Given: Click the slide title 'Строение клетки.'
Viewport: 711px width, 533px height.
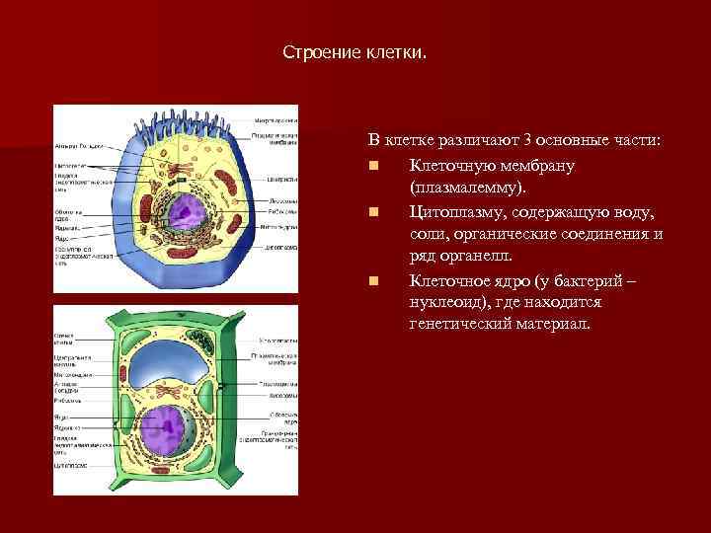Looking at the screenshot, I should pos(355,50).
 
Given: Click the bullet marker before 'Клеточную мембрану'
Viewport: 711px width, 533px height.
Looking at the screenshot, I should pos(375,165).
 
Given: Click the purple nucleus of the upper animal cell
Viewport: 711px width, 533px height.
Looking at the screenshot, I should pos(184,214).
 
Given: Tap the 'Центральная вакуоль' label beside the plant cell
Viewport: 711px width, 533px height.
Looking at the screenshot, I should pos(72,361).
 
